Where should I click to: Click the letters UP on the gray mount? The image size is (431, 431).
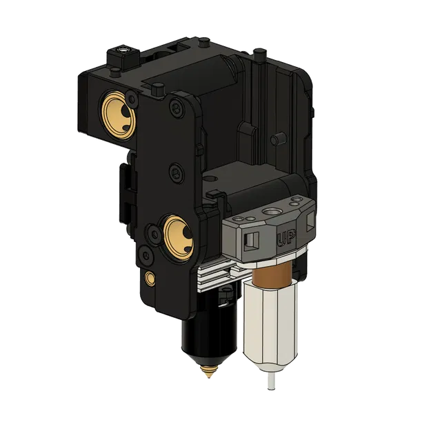coord(283,238)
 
